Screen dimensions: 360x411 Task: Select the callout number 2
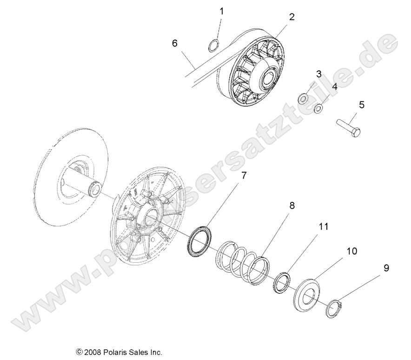click(292, 17)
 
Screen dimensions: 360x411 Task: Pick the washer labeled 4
click(319, 109)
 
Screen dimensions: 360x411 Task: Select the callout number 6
click(175, 43)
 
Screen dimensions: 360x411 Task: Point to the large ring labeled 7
click(199, 240)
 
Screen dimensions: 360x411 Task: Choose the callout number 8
click(292, 205)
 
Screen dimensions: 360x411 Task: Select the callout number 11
click(323, 227)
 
